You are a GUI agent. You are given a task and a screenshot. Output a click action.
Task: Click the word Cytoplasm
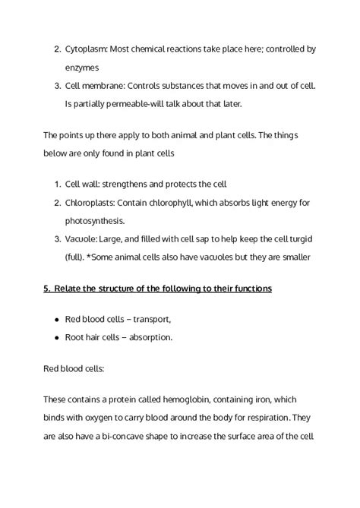click(x=87, y=49)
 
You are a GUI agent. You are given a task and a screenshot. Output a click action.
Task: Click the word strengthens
click(x=133, y=184)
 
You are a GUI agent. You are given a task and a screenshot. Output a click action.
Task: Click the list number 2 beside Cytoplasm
click(x=58, y=49)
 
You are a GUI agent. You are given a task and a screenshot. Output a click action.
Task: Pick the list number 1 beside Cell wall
click(x=58, y=184)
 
